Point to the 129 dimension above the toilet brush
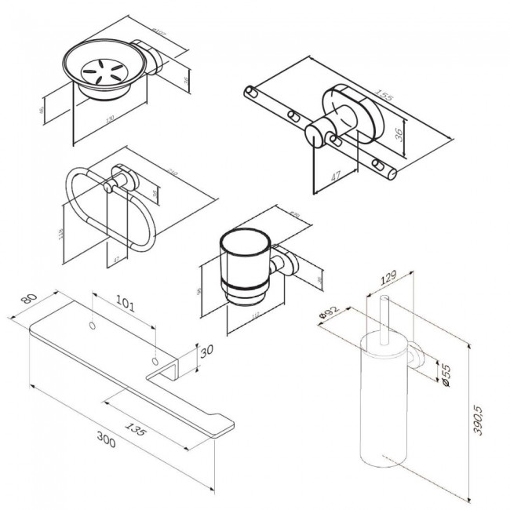tap(388, 279)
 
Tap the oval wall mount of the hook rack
tap(352, 111)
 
